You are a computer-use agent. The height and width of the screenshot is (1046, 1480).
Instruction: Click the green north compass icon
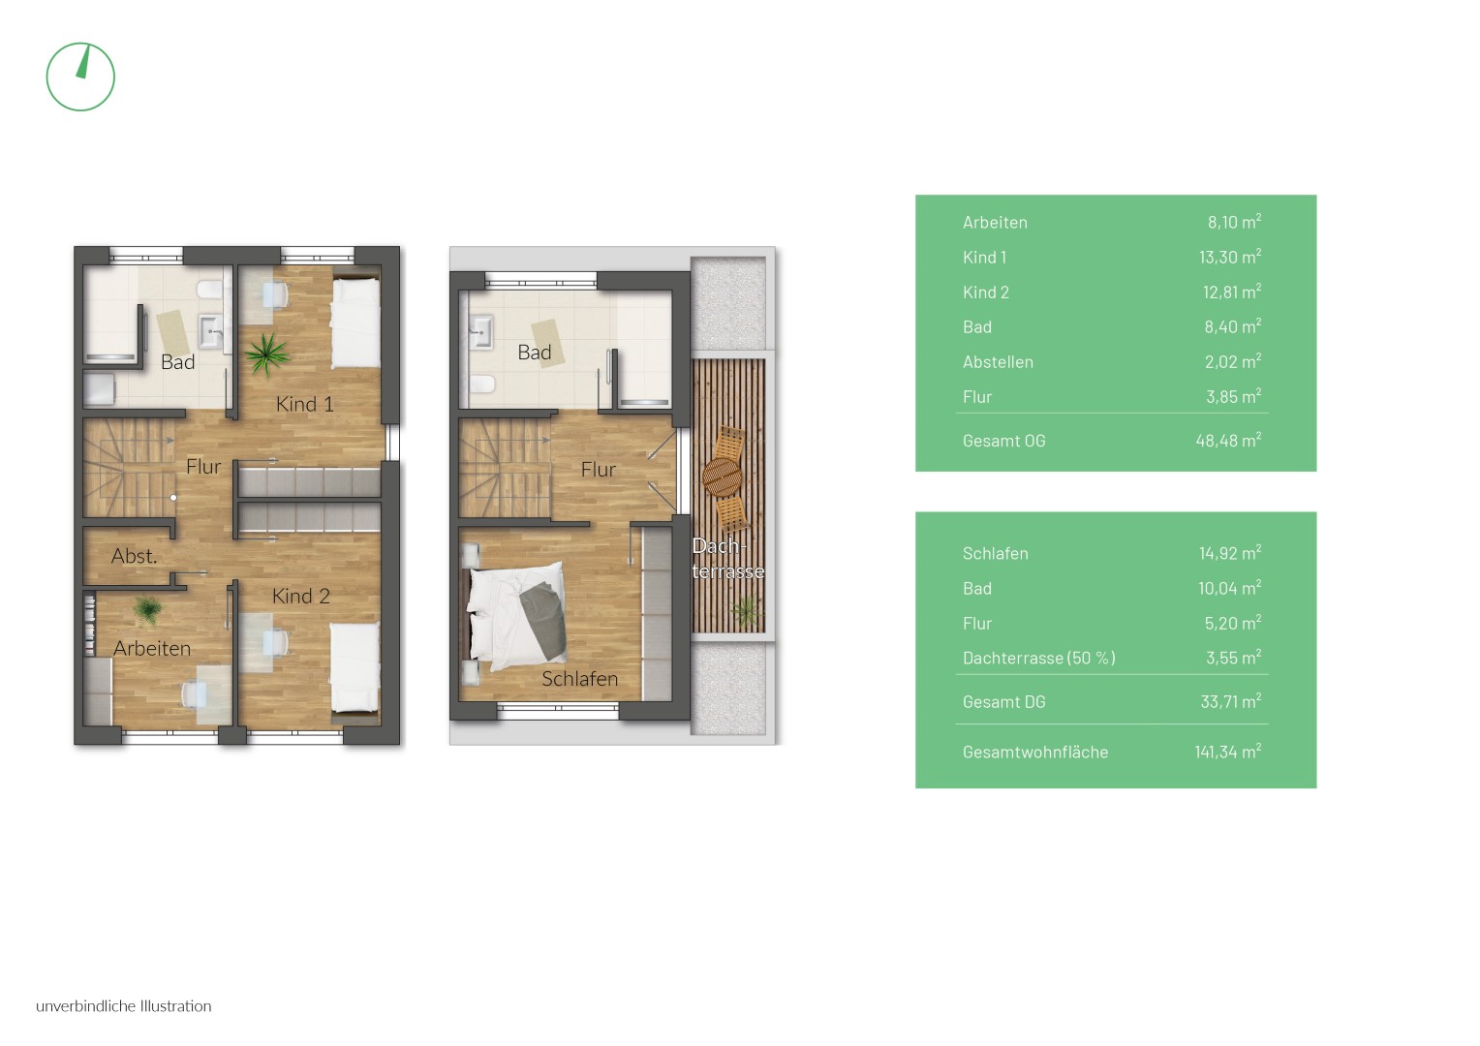point(80,77)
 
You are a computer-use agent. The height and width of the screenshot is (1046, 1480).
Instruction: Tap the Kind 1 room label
point(304,404)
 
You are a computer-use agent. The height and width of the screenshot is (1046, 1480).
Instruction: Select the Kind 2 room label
point(300,596)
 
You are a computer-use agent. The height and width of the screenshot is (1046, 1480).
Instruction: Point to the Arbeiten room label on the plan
point(152,648)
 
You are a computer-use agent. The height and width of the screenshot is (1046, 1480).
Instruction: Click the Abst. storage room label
point(134,556)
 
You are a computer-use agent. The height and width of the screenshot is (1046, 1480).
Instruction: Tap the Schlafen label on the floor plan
point(579,679)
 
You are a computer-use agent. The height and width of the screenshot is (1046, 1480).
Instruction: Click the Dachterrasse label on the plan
point(727,559)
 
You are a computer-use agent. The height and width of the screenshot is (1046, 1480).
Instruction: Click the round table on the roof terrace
point(722,477)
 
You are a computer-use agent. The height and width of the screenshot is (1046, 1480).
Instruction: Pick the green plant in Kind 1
point(266,354)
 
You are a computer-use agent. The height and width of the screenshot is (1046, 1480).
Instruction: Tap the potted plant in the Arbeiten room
point(147,610)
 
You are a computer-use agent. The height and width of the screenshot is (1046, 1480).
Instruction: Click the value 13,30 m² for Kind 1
point(1229,257)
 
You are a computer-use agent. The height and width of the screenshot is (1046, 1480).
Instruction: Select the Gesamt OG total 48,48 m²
point(1228,440)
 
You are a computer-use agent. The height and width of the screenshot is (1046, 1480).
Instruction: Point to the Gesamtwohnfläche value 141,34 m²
point(1227,752)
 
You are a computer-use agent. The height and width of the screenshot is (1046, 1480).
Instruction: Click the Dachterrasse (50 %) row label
point(1038,659)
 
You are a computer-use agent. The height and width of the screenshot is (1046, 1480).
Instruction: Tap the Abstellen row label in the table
point(998,362)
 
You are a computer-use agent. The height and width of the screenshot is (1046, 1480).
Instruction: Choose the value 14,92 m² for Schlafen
point(1229,552)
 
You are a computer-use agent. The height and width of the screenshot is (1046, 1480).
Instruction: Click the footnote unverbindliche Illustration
point(124,1006)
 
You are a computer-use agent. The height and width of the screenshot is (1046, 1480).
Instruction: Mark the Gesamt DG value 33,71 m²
point(1230,701)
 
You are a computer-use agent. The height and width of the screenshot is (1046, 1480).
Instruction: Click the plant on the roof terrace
point(746,610)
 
